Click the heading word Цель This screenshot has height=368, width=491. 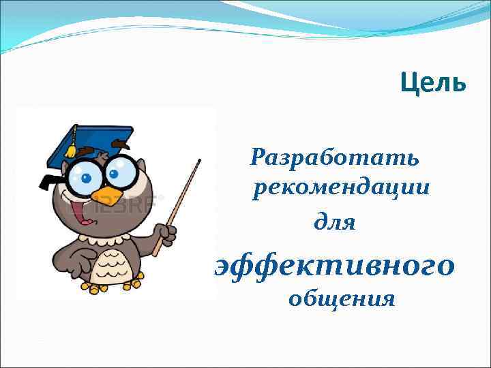click(x=432, y=83)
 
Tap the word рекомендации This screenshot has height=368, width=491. click(x=341, y=188)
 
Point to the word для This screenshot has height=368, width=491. click(x=334, y=221)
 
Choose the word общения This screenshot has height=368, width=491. click(x=341, y=298)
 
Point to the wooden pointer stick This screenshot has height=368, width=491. click(x=181, y=198)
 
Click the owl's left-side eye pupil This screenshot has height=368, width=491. click(x=86, y=180)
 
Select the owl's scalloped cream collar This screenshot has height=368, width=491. click(x=102, y=239)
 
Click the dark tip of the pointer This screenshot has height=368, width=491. click(x=199, y=161)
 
